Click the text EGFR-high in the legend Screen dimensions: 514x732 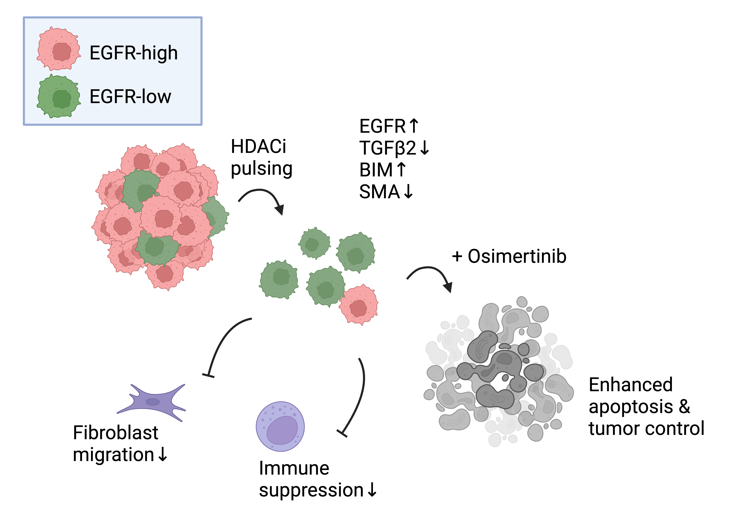(134, 53)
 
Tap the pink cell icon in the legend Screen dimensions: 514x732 (59, 49)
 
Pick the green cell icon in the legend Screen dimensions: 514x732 (59, 96)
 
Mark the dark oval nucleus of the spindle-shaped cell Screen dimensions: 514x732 (153, 402)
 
